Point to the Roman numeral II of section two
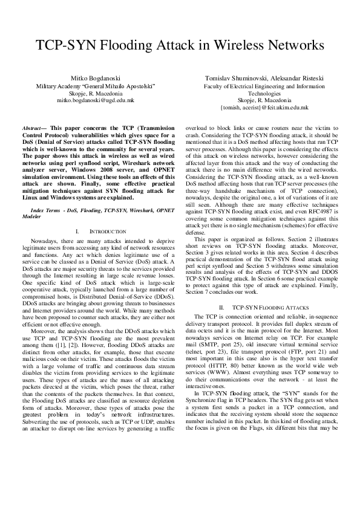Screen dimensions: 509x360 click(222, 307)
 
